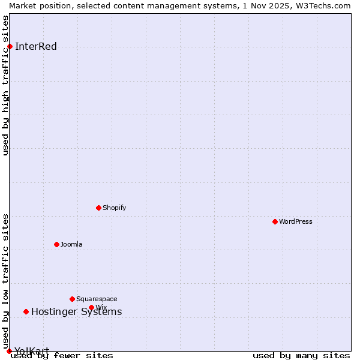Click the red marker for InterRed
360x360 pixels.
(x=10, y=47)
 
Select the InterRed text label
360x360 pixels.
(x=36, y=47)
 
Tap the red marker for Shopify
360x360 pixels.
(x=99, y=208)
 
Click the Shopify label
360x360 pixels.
(x=114, y=208)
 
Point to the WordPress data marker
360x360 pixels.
(x=275, y=221)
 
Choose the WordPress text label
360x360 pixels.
(x=296, y=221)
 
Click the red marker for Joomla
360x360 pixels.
(x=57, y=244)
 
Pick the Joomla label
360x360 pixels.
(x=71, y=244)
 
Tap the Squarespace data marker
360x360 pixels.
(x=73, y=299)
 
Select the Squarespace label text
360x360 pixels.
(x=97, y=299)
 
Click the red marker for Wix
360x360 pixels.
(x=92, y=307)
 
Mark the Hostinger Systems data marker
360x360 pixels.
(x=26, y=311)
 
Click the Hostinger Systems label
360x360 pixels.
(x=76, y=311)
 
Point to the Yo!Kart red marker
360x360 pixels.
(x=9, y=351)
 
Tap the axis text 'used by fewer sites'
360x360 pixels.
(x=62, y=355)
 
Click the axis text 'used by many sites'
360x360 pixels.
(x=301, y=355)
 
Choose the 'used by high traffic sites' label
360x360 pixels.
(x=5, y=85)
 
